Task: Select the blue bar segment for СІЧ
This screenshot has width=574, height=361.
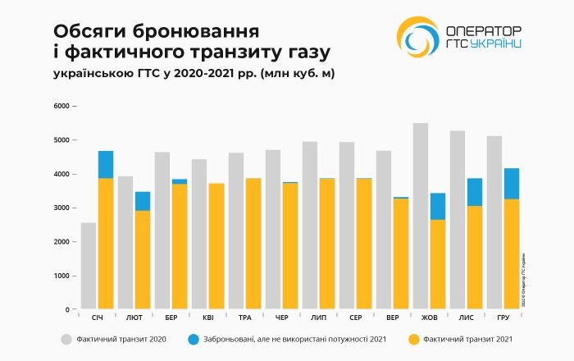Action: click(x=106, y=165)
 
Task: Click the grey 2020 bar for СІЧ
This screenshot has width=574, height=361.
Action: click(x=88, y=266)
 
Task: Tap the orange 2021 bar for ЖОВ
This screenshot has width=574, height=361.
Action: click(x=438, y=264)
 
